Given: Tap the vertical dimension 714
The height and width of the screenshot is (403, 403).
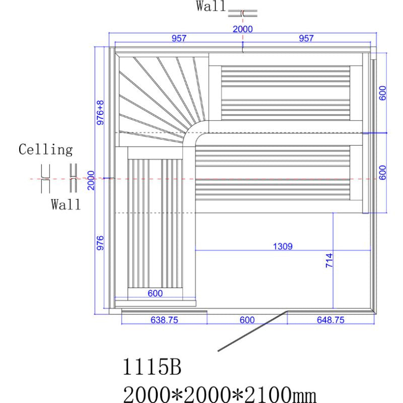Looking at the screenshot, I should click(x=328, y=260).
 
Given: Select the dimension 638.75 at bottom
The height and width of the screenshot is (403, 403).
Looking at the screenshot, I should click(x=164, y=320).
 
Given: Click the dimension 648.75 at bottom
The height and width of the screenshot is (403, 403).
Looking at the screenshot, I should click(x=331, y=320).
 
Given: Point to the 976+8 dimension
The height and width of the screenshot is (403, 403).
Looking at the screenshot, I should click(x=100, y=112).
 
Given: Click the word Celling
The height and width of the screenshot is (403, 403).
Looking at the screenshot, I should click(x=46, y=150).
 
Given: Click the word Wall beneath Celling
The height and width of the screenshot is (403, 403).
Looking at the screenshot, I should click(x=65, y=205).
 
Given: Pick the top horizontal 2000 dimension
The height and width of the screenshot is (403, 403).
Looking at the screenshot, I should click(x=242, y=29).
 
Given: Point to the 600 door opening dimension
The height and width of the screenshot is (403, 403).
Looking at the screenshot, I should click(x=247, y=320).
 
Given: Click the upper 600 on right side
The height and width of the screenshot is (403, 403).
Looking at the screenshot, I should click(x=382, y=94).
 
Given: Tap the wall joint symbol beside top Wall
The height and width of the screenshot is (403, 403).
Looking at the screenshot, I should click(x=243, y=12).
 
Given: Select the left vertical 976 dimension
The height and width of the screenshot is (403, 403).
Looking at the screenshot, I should click(x=100, y=244).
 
